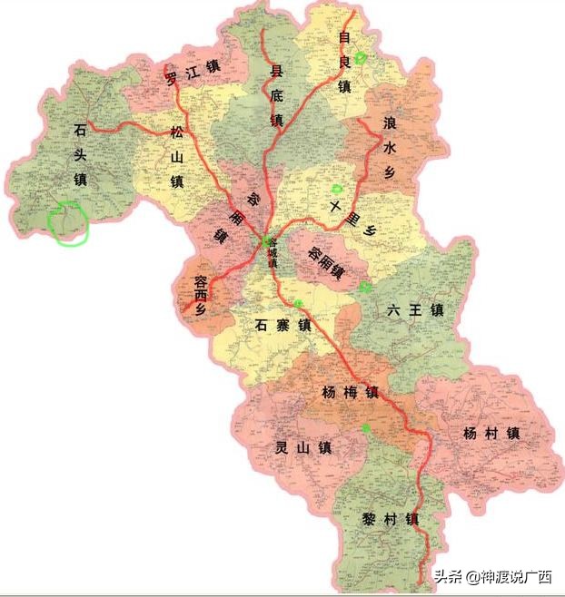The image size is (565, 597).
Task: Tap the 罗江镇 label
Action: pos(193,72)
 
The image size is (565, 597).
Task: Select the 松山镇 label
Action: pos(176,156)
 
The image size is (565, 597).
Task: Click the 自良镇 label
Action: pos(344,63)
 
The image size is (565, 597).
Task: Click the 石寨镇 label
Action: pos(282,324)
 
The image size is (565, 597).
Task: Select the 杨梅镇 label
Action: pos(349,393)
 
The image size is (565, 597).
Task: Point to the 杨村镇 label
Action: pos(490,434)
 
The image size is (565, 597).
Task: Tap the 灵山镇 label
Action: pos(302,447)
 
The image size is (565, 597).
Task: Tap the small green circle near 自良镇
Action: pos(361,57)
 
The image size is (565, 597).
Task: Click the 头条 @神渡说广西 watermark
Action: pos(491,576)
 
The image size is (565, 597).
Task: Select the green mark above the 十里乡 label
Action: pos(337,189)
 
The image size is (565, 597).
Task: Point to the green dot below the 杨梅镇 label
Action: pos(365,426)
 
